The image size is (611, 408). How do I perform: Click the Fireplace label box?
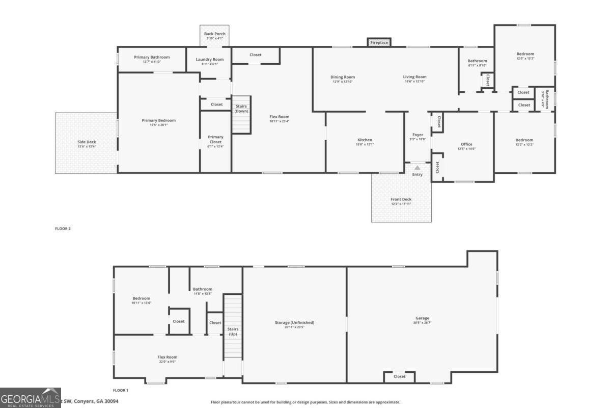[x=379, y=42]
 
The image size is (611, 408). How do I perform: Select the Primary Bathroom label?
[x=152, y=57]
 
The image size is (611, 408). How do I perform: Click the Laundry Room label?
[x=210, y=60]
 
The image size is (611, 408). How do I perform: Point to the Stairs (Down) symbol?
[x=242, y=115]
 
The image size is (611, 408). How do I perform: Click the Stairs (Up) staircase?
[x=233, y=326]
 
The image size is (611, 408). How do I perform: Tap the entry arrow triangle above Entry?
[x=418, y=167]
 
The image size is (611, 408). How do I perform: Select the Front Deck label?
[x=401, y=199]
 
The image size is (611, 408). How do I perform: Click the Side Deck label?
[x=87, y=142]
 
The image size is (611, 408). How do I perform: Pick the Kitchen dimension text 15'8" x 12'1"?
[x=365, y=144]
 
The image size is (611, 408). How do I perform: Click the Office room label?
[x=466, y=144]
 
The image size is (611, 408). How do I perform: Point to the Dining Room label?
[x=343, y=77]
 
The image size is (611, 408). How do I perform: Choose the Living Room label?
[x=414, y=77]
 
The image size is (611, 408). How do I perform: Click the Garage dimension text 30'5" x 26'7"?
[x=422, y=323]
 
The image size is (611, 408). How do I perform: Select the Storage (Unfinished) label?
[x=295, y=322]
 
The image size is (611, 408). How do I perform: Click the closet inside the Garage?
[x=400, y=377]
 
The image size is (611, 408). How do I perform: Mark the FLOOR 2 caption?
[x=63, y=228]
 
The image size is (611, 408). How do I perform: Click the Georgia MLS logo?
[x=31, y=398]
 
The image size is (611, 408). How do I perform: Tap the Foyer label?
[x=418, y=135]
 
